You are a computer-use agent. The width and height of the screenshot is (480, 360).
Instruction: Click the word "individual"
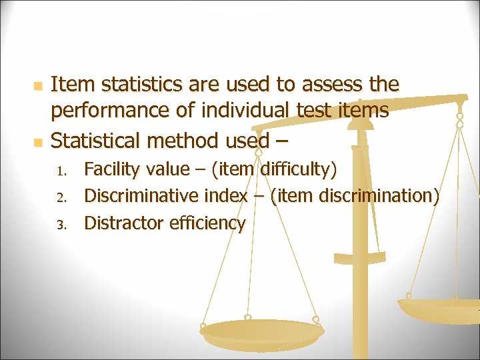pyautogui.click(x=242, y=110)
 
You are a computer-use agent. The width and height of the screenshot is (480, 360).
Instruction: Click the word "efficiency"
pyautogui.click(x=207, y=223)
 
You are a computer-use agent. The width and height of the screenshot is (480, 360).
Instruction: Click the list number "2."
pyautogui.click(x=61, y=198)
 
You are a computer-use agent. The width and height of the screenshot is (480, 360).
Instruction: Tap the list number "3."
pyautogui.click(x=61, y=225)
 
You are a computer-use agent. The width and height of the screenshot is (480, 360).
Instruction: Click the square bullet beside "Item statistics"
pyautogui.click(x=38, y=87)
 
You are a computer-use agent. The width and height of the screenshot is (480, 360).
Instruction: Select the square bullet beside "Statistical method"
pyautogui.click(x=38, y=143)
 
